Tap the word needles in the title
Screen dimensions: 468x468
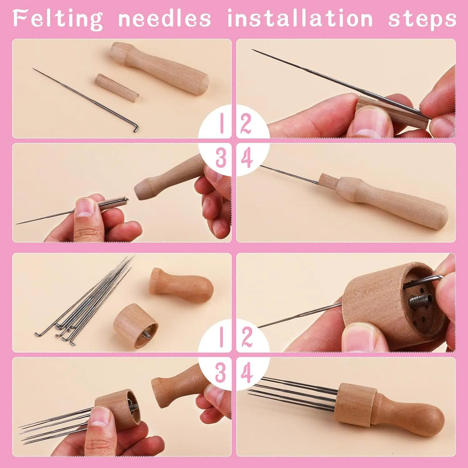pyautogui.click(x=164, y=18)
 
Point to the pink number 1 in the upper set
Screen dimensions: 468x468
pyautogui.click(x=222, y=123)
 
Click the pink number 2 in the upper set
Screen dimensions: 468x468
pyautogui.click(x=246, y=124)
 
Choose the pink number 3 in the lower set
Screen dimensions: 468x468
pyautogui.click(x=220, y=373)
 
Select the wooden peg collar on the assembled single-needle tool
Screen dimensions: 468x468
pyautogui.click(x=327, y=182)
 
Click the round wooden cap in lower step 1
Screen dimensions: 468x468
pyautogui.click(x=136, y=326)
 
